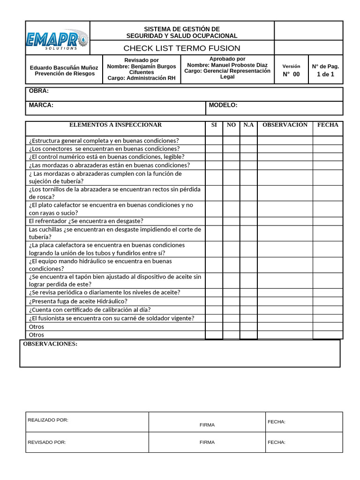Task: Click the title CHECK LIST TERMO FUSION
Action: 182,48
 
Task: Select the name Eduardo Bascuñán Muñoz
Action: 64,67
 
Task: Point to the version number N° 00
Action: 291,74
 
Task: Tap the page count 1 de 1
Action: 325,74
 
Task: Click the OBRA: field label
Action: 39,91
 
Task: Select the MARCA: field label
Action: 41,105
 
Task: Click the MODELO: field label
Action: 223,105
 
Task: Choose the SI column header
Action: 214,125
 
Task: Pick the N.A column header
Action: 248,125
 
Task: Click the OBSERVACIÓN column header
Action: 285,125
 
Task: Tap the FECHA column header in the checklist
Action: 328,125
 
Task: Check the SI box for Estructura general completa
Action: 214,141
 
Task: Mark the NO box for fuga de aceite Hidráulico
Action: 231,301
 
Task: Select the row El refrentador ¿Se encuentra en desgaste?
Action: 86,221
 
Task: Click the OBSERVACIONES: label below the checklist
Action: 51,344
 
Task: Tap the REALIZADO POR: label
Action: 48,420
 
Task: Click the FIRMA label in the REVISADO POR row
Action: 207,442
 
